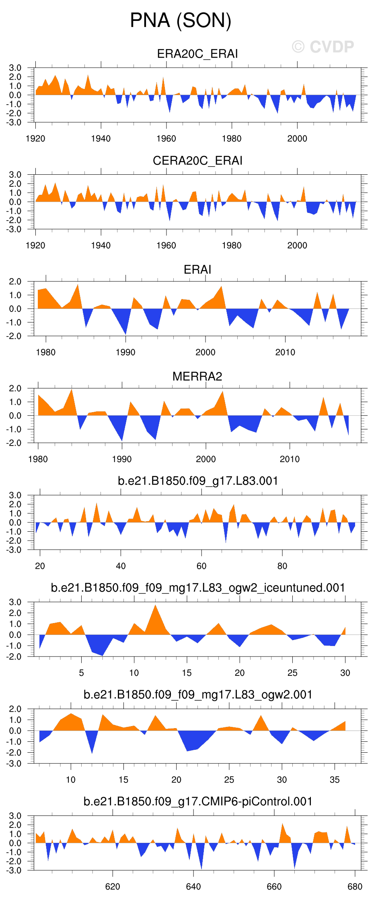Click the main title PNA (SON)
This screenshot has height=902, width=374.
(x=181, y=21)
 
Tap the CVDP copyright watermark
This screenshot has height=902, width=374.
(x=323, y=47)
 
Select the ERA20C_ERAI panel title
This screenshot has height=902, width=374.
(x=197, y=54)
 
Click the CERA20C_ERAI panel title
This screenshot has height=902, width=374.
(x=197, y=161)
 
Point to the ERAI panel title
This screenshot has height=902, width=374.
(x=197, y=269)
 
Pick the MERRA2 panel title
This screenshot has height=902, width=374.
(x=197, y=376)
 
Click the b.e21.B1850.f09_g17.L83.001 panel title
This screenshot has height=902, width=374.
(x=197, y=481)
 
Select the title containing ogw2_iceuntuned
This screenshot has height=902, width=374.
(x=197, y=588)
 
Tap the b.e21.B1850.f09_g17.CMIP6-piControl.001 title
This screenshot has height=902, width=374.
(x=197, y=801)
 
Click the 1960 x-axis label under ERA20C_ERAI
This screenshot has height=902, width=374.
(x=166, y=139)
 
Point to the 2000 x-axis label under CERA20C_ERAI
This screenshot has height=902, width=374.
(x=297, y=246)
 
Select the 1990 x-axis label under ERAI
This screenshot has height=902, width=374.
(x=125, y=353)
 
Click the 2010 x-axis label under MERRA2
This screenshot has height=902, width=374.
(x=290, y=459)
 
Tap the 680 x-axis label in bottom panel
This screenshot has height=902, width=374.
(x=355, y=887)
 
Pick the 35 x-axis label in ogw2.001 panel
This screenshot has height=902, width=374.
(x=335, y=780)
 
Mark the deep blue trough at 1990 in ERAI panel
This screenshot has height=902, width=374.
(x=126, y=332)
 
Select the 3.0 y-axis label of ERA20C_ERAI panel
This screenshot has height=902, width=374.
(x=15, y=68)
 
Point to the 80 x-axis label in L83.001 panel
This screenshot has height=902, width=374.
(x=282, y=566)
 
